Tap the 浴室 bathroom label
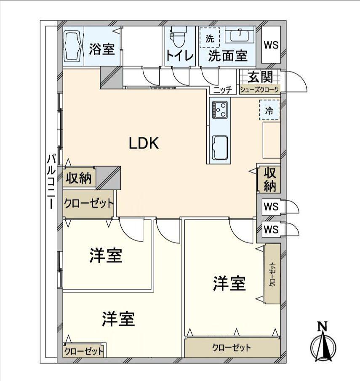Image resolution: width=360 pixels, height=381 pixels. coord(102,49)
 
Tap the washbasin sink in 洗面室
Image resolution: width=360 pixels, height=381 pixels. coord(240,35)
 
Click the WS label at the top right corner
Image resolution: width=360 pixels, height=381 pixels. coord(271,45)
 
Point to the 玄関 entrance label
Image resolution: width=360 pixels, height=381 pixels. coord(260,77)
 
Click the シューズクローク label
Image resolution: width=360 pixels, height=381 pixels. coord(260,89)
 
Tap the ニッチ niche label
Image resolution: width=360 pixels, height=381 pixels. coord(222,90)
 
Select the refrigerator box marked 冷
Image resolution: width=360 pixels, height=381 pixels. coord(269,111)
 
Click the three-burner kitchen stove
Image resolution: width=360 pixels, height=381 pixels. coord(220,109)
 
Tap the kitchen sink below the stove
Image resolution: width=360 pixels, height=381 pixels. coord(219,147)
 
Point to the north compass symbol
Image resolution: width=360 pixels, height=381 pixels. coord(323,344)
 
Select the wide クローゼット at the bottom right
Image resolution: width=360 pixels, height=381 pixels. coord(232,348)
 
